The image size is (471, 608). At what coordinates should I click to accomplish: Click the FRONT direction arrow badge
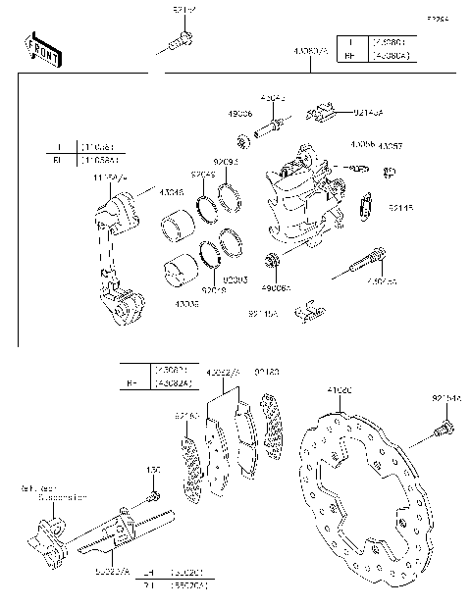click(44, 50)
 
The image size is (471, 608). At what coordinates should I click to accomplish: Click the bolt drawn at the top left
click(179, 42)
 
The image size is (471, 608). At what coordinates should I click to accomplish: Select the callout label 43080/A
click(310, 49)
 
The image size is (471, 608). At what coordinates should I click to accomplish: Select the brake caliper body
click(304, 201)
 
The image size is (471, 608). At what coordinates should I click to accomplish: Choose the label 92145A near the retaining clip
click(262, 316)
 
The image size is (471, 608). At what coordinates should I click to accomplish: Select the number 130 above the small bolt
click(153, 471)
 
